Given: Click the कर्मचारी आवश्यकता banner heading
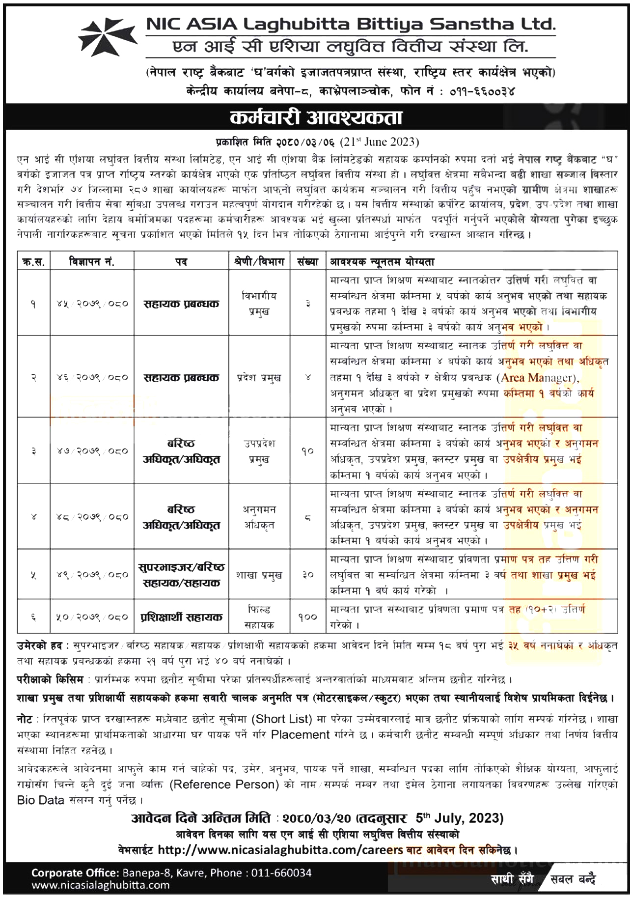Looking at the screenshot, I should coord(316,117).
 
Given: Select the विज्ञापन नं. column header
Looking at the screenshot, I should coord(92,262).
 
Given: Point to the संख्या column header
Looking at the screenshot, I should coord(308,262).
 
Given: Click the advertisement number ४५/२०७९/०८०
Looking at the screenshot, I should coord(92,304).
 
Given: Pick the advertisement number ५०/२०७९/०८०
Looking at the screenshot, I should coord(92,617).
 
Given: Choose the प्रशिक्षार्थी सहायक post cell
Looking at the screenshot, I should coord(181,617).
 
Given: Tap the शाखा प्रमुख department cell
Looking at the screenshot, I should coord(259,575).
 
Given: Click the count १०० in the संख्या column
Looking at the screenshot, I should coord(308,617).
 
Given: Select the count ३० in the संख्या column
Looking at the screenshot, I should coord(308,575).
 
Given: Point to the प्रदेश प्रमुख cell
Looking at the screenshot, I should coord(259,378).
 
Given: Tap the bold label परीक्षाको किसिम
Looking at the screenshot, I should coord(50,680).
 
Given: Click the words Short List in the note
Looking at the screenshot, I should coord(282,719).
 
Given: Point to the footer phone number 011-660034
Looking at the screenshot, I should coord(281,873).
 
